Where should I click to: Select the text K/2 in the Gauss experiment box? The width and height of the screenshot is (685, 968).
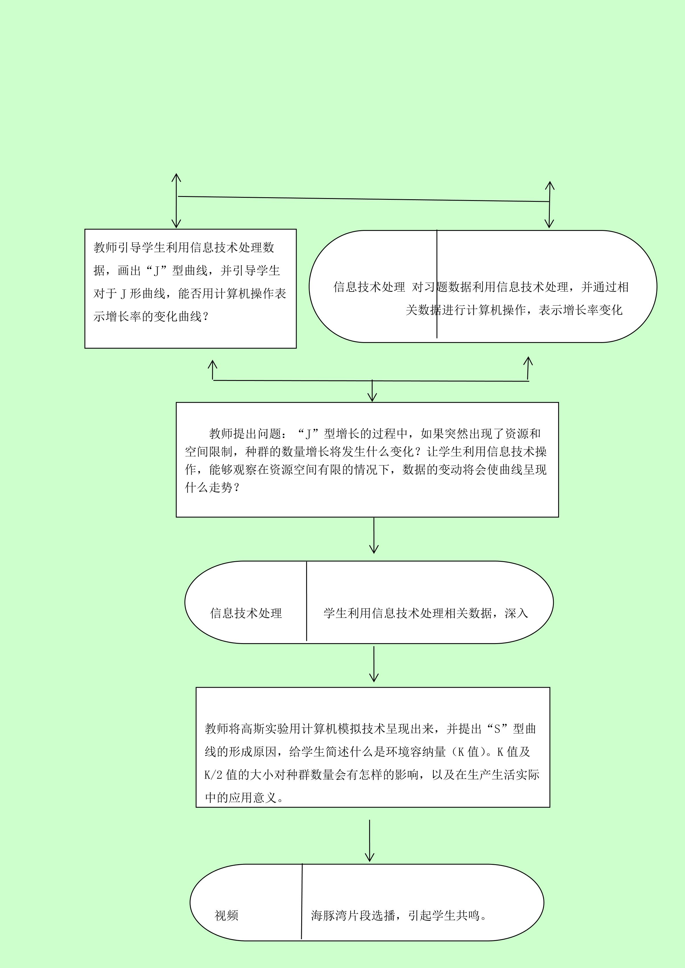(x=213, y=775)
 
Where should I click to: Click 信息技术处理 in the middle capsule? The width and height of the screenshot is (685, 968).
(x=246, y=613)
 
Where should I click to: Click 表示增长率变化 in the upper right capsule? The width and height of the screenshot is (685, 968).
(x=580, y=310)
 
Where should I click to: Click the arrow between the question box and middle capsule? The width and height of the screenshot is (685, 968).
(x=374, y=535)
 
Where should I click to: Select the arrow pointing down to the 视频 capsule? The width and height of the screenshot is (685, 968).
(x=369, y=840)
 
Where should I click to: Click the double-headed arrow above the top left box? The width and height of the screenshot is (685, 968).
(x=176, y=201)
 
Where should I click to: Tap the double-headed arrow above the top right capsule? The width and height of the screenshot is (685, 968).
(x=549, y=205)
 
